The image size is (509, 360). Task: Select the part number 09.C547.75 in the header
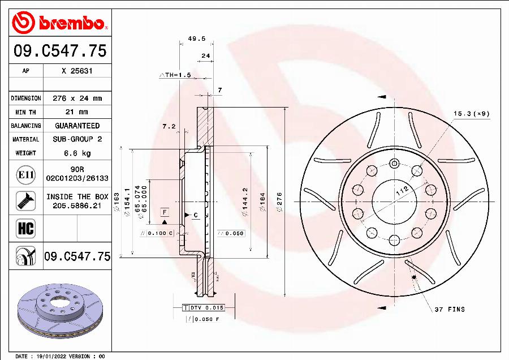click(x=59, y=51)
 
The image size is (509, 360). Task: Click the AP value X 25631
click(x=77, y=71)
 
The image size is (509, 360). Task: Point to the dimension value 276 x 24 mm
click(x=77, y=98)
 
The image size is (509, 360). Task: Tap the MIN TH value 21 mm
click(x=77, y=112)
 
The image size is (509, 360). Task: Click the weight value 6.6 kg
click(x=77, y=153)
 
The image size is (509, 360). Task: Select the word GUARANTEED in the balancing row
click(x=77, y=126)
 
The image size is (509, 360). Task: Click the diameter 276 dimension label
click(x=279, y=202)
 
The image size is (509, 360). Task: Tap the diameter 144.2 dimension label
click(x=245, y=202)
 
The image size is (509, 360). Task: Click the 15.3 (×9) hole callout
click(x=471, y=114)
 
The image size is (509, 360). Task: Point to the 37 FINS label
click(x=450, y=309)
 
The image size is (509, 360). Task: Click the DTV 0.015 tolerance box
click(x=206, y=307)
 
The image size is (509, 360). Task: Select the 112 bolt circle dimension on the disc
click(x=402, y=191)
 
